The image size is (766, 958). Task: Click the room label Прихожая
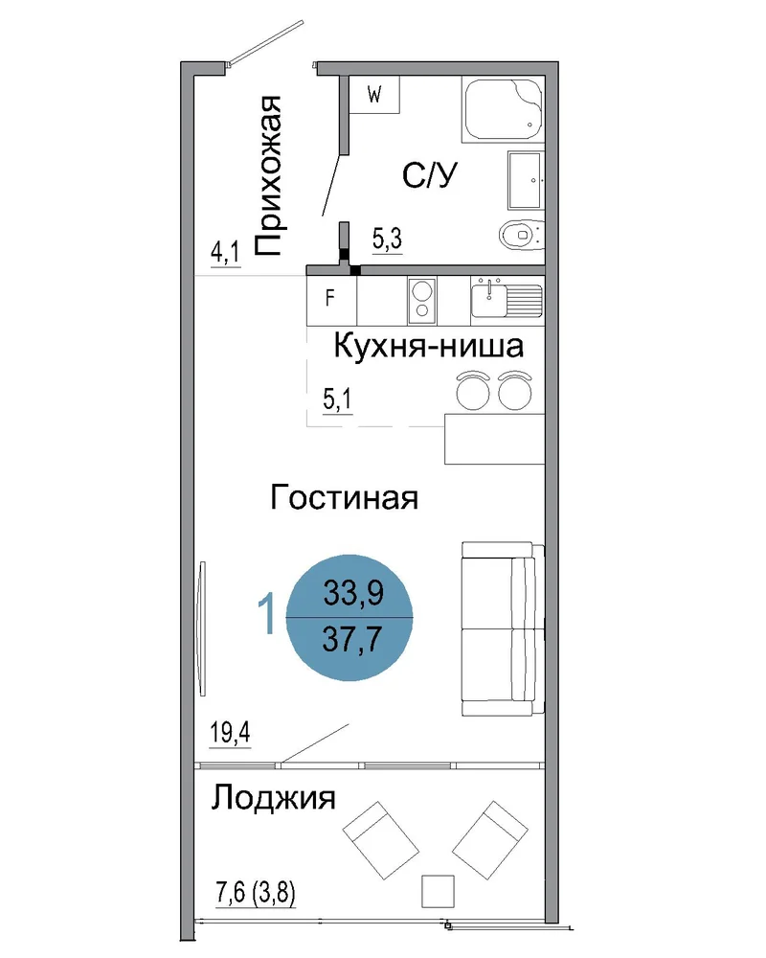point(267,176)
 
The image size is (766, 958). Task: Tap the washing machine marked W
point(373,95)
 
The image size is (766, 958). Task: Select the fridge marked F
point(331,300)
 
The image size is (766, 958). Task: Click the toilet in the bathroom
point(521,234)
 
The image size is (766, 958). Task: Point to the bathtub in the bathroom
point(503,110)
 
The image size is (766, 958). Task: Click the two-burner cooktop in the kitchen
point(422,300)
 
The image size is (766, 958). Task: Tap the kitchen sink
point(507,299)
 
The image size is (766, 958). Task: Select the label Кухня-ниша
point(429,347)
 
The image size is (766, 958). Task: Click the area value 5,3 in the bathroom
point(387,239)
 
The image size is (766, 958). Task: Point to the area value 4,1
point(225,252)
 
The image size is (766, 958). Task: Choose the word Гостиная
point(344,498)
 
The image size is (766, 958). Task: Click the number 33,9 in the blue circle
point(353,592)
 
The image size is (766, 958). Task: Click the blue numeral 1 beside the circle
point(267,615)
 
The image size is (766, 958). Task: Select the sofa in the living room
point(503,628)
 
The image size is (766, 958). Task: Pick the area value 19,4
point(230,732)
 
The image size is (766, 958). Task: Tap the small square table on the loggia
point(438,891)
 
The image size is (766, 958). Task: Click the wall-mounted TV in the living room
point(202,628)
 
